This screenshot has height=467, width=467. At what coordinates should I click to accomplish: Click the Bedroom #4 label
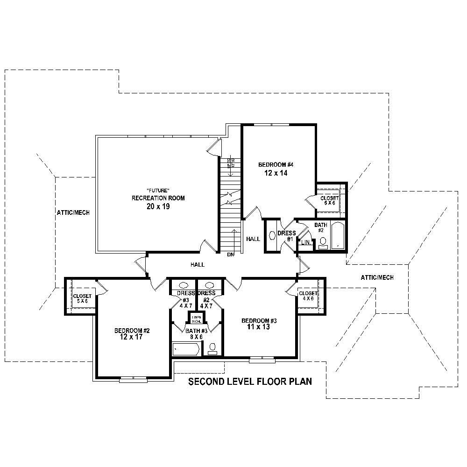(x=276, y=164)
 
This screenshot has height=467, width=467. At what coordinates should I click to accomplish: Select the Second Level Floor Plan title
(x=250, y=382)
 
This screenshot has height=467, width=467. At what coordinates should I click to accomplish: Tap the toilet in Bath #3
(x=212, y=348)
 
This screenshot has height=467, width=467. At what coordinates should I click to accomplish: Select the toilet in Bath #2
(x=323, y=242)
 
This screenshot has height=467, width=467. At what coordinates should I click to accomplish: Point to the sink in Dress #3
(x=184, y=285)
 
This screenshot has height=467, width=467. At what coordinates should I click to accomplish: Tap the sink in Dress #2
(x=210, y=285)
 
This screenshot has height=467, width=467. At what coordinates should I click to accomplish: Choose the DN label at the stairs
(x=230, y=255)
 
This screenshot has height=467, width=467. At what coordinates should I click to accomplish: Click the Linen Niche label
(x=197, y=319)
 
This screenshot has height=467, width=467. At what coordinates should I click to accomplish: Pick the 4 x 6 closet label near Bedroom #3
(x=308, y=296)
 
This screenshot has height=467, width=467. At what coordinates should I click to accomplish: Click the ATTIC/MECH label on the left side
(x=73, y=212)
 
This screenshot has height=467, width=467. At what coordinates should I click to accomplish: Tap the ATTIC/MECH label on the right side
(x=377, y=277)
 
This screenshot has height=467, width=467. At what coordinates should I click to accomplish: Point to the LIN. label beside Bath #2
(x=306, y=242)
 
